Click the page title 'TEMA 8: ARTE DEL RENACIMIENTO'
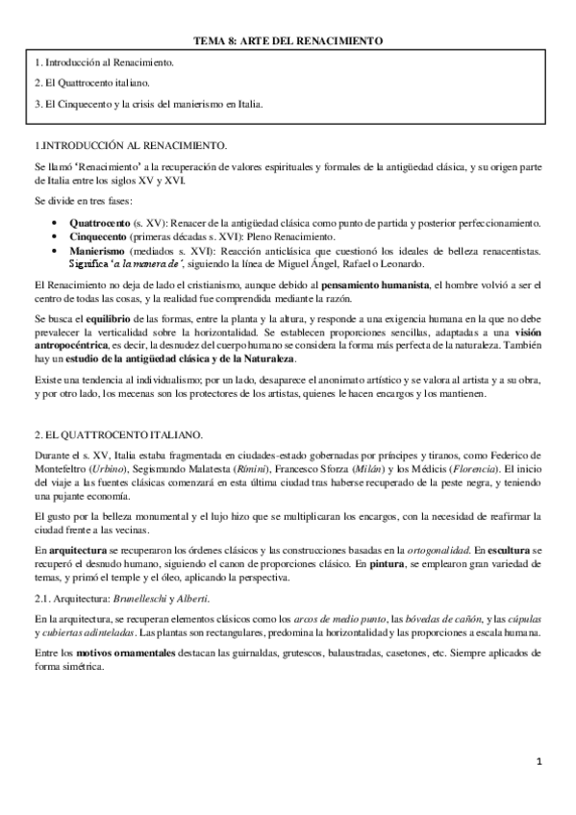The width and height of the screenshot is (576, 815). (288, 41)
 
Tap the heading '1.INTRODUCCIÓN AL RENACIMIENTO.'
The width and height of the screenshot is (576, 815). (130, 145)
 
